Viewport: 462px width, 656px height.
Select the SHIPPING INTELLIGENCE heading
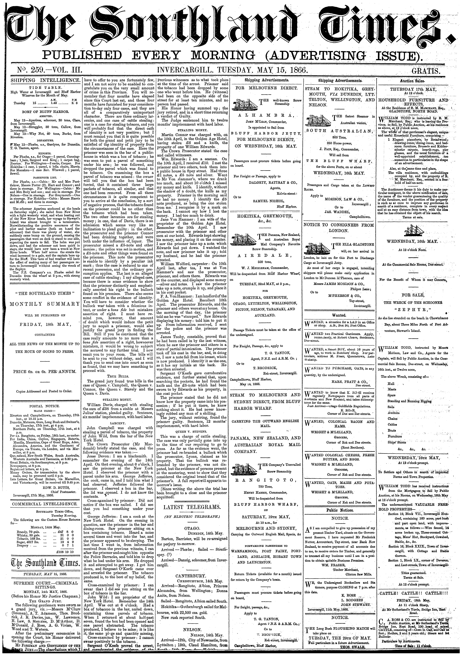(45, 80)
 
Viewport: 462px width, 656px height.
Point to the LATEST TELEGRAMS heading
(192, 507)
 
